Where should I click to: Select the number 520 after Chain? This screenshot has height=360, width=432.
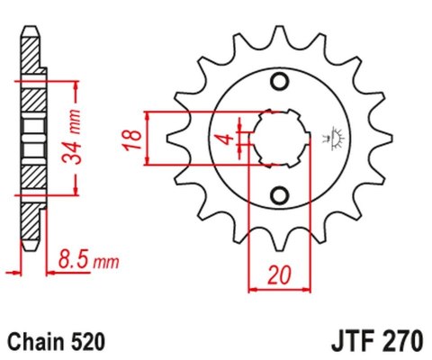coord(90,342)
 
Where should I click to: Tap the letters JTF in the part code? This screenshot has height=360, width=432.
coord(341,342)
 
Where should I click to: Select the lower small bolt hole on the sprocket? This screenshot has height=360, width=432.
coord(279,196)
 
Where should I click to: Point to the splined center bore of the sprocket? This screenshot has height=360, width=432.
coord(279,139)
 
